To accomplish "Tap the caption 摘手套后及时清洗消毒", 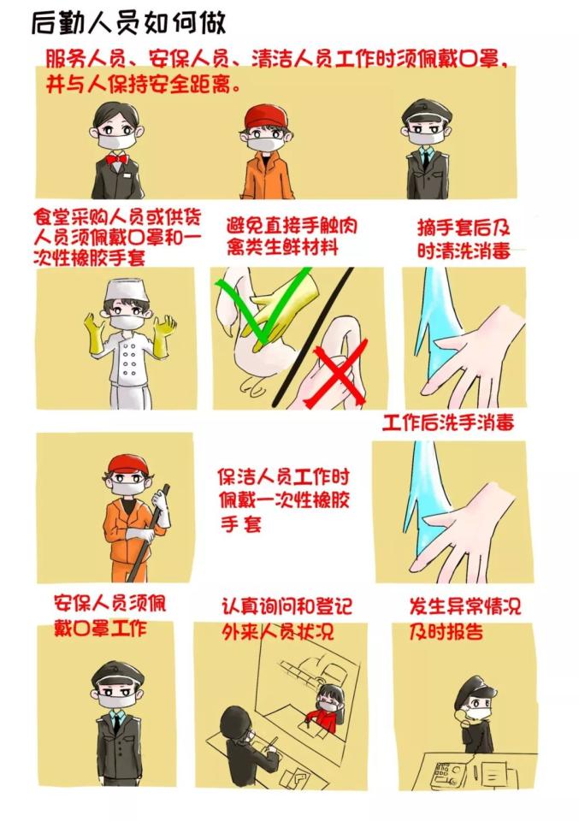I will (464, 240).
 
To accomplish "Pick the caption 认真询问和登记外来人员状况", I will (286, 620).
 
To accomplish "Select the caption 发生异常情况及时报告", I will (464, 619).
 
